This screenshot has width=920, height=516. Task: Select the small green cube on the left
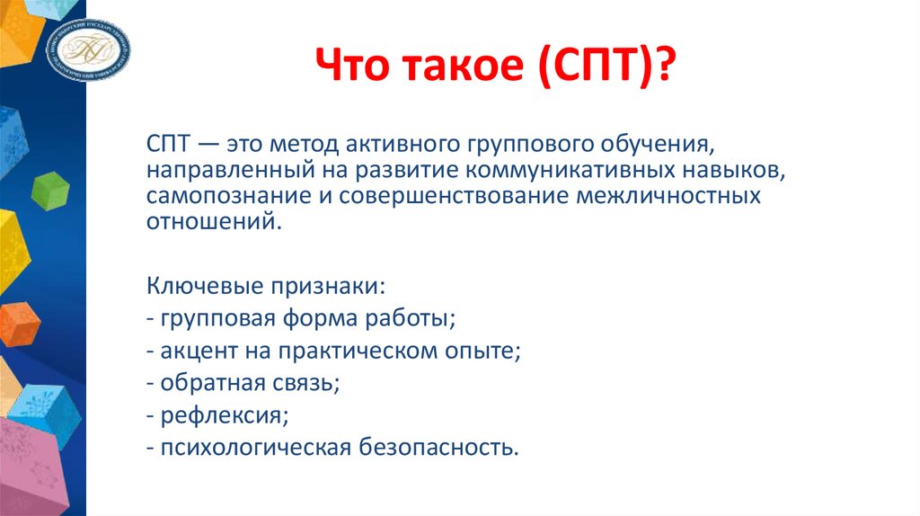[50, 189]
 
